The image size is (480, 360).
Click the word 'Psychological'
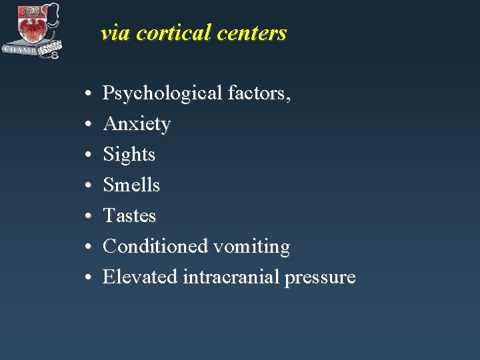tap(162, 94)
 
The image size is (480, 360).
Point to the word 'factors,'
tap(259, 93)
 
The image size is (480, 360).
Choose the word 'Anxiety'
tap(137, 125)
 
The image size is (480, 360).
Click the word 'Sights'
tap(129, 155)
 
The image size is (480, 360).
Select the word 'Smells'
tap(131, 185)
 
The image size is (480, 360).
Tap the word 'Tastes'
tap(129, 215)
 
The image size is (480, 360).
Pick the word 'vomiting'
tap(252, 247)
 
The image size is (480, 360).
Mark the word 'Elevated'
tap(139, 277)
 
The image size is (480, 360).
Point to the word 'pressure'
tap(320, 278)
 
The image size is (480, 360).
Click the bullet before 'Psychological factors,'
tap(88, 95)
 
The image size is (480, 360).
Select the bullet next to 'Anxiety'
tap(88, 125)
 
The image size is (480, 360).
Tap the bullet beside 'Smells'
tap(88, 186)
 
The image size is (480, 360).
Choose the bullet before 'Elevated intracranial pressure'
tap(88, 278)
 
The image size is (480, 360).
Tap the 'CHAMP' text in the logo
tap(20, 50)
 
